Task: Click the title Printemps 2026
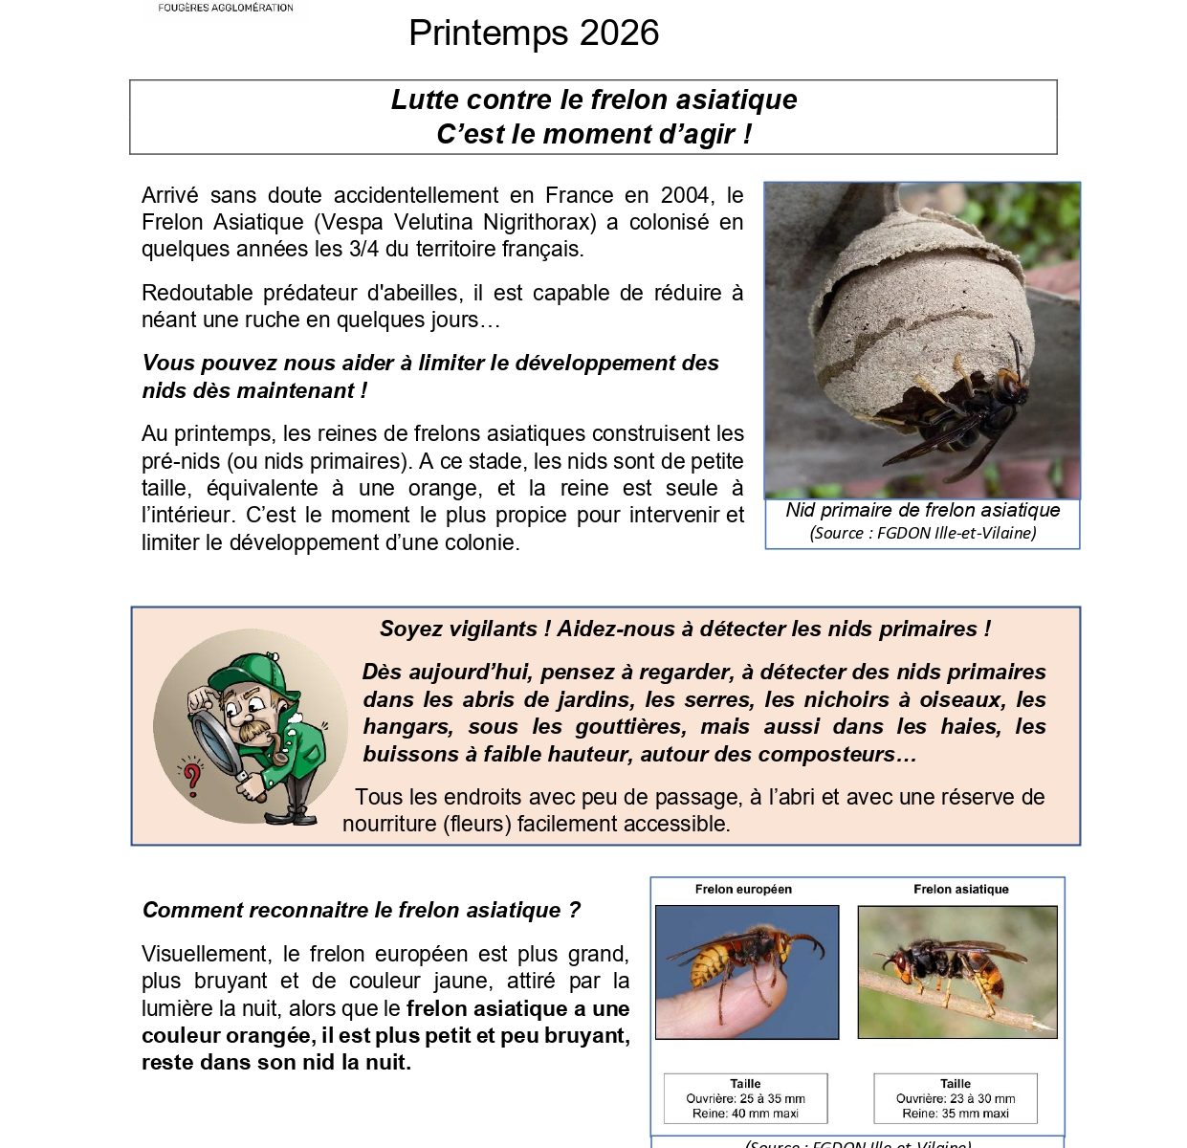tap(533, 33)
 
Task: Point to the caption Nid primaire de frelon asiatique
tap(922, 511)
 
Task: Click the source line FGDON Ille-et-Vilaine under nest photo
tap(922, 534)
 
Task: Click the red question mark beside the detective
tap(192, 777)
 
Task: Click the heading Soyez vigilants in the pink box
tap(685, 629)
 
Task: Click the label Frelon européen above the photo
tap(743, 890)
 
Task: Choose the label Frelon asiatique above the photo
tap(960, 890)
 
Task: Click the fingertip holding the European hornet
tap(727, 1009)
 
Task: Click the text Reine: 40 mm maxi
tap(745, 1114)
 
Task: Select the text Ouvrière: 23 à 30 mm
tap(956, 1099)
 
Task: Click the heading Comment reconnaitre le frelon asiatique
tap(361, 911)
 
